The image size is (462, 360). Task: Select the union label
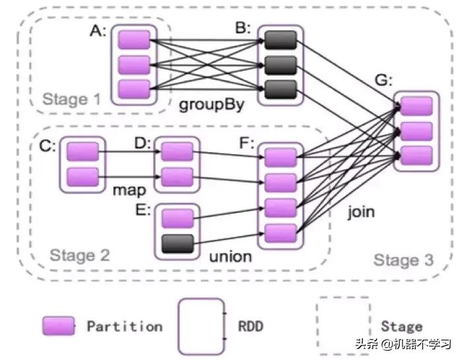[x=230, y=256]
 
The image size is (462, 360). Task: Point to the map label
[x=129, y=190]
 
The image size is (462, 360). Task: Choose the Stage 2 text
[x=80, y=255]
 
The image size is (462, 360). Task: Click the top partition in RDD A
[x=134, y=40]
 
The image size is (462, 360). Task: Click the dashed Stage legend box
[x=343, y=325]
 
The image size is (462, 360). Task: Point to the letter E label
[x=144, y=210]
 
